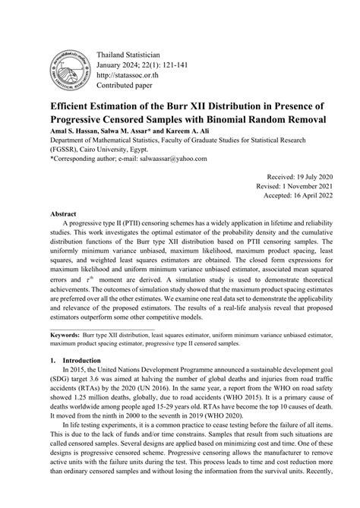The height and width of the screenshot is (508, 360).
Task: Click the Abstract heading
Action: pos(65,214)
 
